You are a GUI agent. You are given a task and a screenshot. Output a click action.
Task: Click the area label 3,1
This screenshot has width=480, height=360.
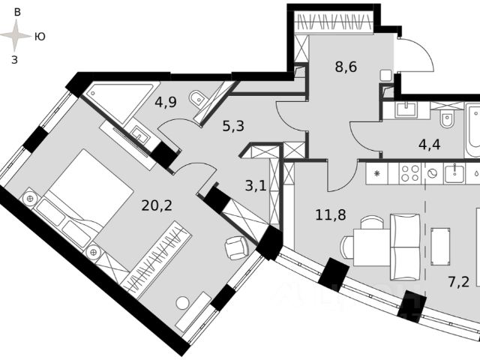pos(256,186)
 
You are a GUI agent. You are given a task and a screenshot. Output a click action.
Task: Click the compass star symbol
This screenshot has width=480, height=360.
pos(16,35)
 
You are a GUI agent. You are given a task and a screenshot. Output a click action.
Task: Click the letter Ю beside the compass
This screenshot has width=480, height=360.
pos(40,36)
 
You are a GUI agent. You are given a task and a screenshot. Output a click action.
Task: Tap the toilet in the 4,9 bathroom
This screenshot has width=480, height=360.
pos(198,98)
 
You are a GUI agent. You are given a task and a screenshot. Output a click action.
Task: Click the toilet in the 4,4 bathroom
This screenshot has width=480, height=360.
pos(447,119)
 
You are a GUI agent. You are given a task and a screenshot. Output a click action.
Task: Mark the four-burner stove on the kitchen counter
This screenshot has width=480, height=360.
pos(409,174)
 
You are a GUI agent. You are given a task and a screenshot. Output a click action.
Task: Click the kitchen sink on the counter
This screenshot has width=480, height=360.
pos(454,174)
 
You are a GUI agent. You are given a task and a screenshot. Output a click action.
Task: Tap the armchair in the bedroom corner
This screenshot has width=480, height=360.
pos(237,247)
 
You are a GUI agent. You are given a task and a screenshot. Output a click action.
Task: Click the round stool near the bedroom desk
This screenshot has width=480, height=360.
pos(182,303)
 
